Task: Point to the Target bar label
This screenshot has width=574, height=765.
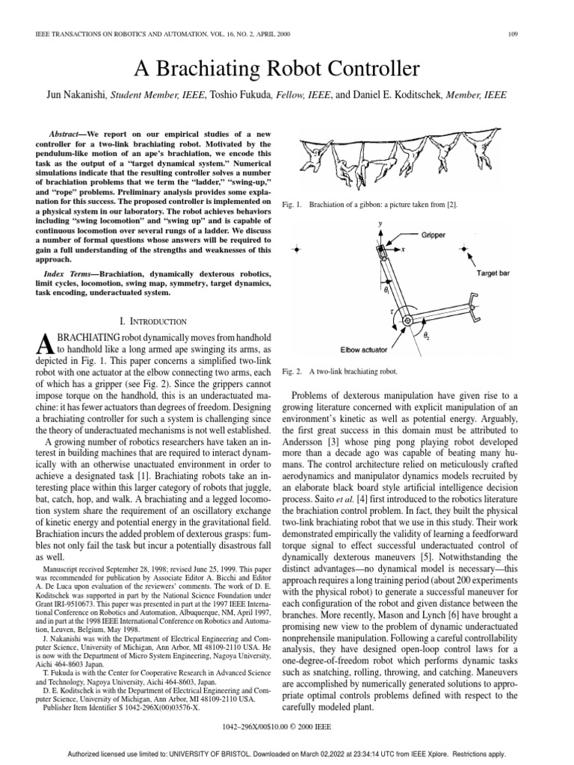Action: [493, 274]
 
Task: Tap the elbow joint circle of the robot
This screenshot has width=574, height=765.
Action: [407, 320]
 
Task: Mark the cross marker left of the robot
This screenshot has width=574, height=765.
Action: [297, 250]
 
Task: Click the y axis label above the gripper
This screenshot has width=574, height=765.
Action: [380, 223]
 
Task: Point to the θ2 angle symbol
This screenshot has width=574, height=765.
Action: [429, 337]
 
